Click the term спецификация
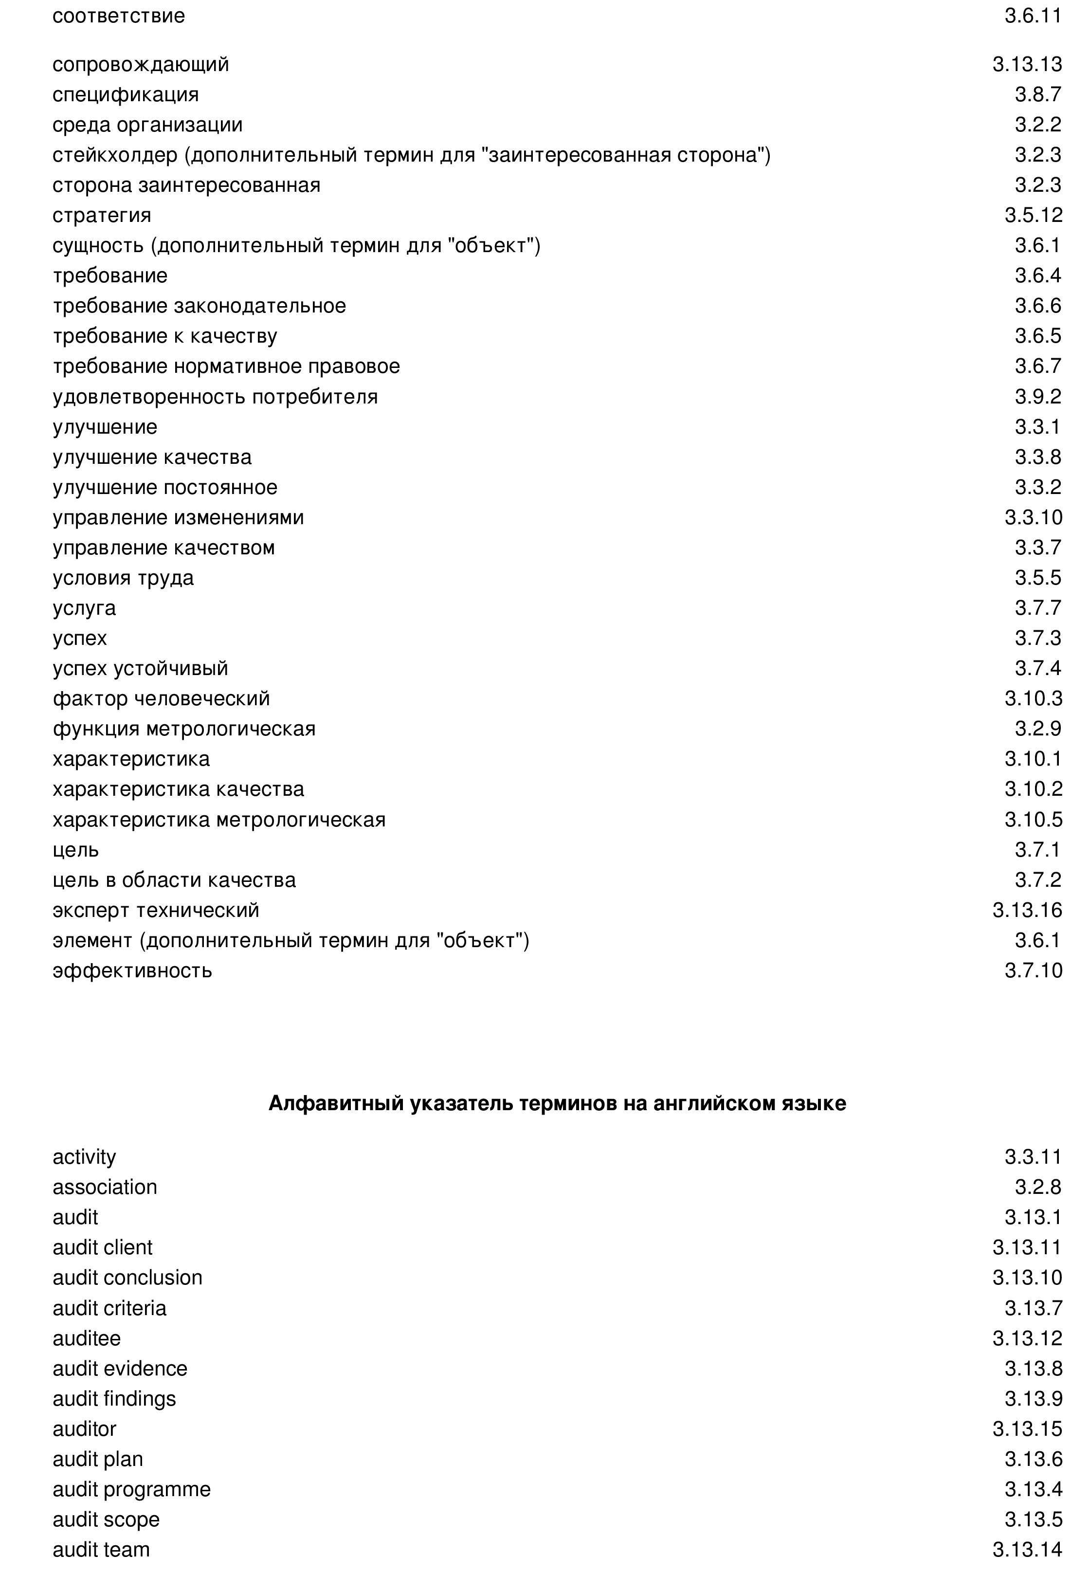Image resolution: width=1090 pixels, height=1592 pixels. [x=126, y=94]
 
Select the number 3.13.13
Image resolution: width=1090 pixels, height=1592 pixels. [x=1027, y=64]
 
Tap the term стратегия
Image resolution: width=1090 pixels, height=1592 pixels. [x=101, y=215]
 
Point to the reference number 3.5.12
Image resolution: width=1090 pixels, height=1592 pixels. [x=1033, y=215]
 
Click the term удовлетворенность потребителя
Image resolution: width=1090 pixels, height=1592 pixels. [x=215, y=397]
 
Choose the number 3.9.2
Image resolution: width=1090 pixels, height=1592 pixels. [x=1038, y=397]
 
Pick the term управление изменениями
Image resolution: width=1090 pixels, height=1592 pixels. [x=178, y=517]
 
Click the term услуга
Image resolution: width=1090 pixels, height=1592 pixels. [x=84, y=607]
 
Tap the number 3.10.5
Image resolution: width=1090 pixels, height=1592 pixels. [x=1033, y=819]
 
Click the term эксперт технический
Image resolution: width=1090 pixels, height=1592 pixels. [x=156, y=910]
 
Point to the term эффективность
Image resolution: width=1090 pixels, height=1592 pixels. [x=132, y=970]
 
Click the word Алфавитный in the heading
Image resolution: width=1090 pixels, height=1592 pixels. [x=336, y=1103]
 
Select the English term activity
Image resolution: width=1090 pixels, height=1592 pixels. [x=84, y=1157]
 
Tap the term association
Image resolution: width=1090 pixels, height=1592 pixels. [x=105, y=1187]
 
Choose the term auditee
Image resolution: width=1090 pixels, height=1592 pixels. [x=86, y=1338]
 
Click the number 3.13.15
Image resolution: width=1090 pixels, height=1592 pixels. [x=1027, y=1428]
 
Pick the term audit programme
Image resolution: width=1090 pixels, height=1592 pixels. [x=131, y=1489]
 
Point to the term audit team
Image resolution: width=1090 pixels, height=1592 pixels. [x=101, y=1550]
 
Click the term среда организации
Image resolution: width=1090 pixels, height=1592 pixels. [x=147, y=125]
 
